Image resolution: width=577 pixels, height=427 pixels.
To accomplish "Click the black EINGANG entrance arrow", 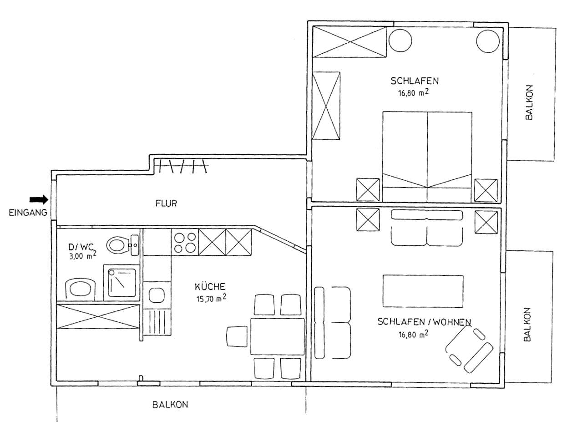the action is [x=39, y=200].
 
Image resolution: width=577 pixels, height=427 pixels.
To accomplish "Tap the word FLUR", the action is [x=166, y=203].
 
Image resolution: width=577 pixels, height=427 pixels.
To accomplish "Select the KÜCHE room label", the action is [x=210, y=286].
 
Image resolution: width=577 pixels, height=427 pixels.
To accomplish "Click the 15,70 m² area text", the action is [x=211, y=299].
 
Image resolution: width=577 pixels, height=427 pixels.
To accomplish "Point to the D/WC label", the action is [x=83, y=246].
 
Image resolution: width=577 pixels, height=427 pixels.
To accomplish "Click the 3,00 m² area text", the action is [x=83, y=255].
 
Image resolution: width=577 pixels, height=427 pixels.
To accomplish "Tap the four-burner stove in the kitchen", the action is [x=185, y=242].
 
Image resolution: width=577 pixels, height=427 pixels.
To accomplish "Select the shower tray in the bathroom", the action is [x=122, y=283].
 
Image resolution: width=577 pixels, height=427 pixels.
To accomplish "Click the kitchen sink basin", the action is [x=157, y=295].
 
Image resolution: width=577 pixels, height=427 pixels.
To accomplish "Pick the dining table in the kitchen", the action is [x=278, y=336].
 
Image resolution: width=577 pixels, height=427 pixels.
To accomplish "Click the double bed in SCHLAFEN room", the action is [x=427, y=157].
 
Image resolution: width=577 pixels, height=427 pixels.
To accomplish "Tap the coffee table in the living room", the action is [x=423, y=291].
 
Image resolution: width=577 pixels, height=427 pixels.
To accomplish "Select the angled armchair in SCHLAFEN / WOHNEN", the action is [x=469, y=350].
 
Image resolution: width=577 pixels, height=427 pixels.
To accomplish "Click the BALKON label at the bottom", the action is [x=170, y=405].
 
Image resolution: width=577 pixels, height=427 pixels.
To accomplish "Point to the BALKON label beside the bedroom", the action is [x=529, y=102].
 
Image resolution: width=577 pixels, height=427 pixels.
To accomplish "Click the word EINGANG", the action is [x=28, y=213].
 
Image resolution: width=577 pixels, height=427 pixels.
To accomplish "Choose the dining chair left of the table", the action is [x=237, y=336].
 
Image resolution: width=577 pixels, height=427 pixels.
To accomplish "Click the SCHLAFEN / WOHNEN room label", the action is [x=424, y=322].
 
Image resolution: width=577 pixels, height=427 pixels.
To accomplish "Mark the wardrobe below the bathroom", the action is [x=98, y=316].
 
